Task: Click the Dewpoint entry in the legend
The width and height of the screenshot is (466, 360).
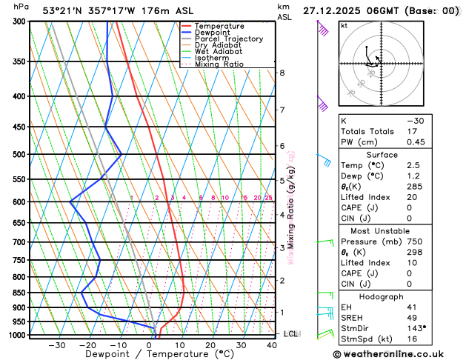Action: pyautogui.click(x=210, y=33)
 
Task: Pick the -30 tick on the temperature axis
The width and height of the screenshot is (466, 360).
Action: pyautogui.click(x=57, y=345)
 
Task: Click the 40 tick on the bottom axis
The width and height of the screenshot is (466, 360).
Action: pyautogui.click(x=271, y=345)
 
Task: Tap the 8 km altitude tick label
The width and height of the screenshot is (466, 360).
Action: pyautogui.click(x=282, y=73)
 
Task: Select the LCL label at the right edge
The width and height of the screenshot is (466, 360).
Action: pyautogui.click(x=290, y=334)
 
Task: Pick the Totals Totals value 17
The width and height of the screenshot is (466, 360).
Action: pyautogui.click(x=411, y=131)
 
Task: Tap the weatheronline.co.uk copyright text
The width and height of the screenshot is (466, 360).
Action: pyautogui.click(x=396, y=355)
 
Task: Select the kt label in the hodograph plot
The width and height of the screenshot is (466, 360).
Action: pyautogui.click(x=344, y=26)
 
